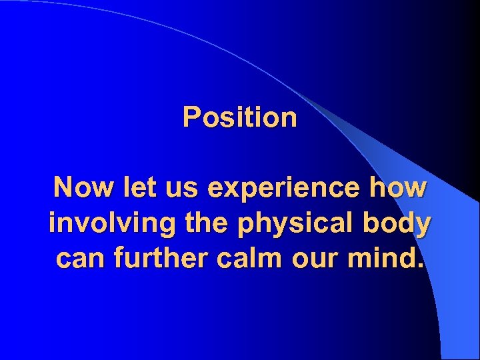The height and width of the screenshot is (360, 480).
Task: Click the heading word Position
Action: tap(240, 118)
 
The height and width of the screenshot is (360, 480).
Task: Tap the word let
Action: tap(136, 189)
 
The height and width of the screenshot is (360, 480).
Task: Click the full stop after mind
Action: tap(420, 265)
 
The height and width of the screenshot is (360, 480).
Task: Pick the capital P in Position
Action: tap(191, 118)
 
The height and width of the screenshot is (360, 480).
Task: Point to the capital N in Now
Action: tap(64, 189)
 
